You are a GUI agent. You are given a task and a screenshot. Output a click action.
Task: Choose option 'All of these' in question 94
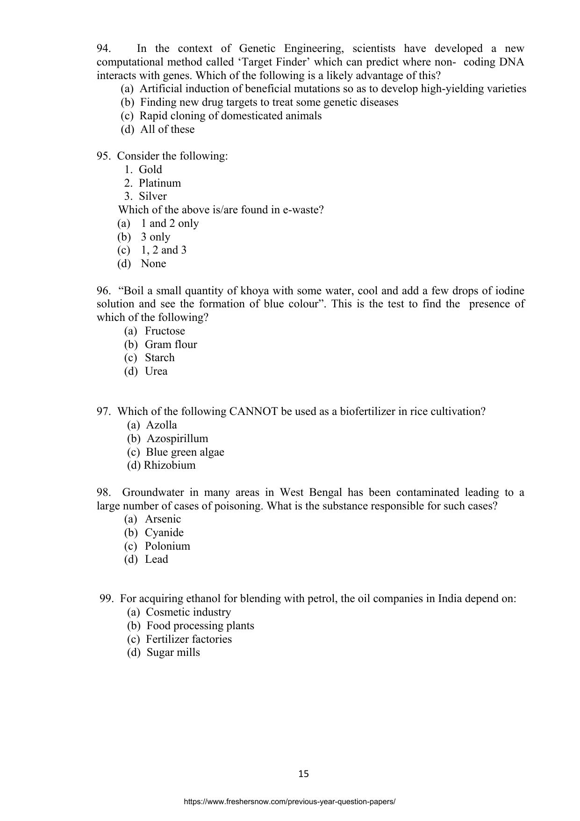[167, 130]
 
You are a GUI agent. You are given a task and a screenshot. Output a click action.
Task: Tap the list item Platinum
[159, 183]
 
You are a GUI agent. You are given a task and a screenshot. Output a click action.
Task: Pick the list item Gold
[150, 170]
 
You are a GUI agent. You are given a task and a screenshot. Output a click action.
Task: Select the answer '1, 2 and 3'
[164, 250]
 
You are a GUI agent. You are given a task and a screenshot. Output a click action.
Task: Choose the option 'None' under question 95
[153, 264]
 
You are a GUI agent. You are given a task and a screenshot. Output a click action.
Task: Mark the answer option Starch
[159, 358]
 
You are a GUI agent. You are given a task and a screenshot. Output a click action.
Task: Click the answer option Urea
[156, 371]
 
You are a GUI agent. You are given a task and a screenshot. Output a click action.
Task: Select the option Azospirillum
[177, 439]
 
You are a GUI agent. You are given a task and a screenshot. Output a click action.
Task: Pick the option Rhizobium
[169, 465]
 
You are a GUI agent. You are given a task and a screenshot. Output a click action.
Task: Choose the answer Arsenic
[162, 519]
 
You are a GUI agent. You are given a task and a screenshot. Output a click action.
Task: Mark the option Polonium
[167, 546]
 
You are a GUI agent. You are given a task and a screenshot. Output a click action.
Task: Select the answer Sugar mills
[173, 653]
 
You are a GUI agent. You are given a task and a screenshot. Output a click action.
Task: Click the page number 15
[303, 774]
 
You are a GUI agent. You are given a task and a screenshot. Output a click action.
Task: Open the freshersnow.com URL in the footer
[290, 801]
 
